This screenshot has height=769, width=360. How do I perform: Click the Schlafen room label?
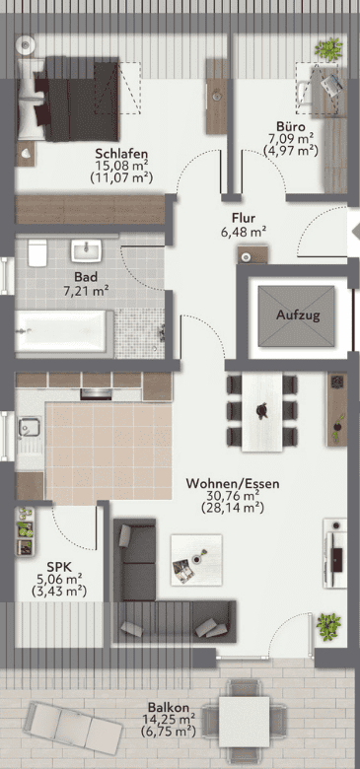(x=121, y=153)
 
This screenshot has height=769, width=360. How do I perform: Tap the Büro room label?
(x=290, y=126)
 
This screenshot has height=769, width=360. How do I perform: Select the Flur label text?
(x=244, y=217)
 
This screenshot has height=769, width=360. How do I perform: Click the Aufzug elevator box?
(x=297, y=315)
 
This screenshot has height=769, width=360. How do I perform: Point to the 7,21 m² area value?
(x=86, y=292)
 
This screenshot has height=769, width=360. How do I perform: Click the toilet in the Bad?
(x=37, y=252)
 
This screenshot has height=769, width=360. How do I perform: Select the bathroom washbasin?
(x=87, y=250)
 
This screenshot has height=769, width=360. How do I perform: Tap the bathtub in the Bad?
(x=61, y=331)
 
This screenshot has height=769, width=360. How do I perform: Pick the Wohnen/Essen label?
(x=233, y=484)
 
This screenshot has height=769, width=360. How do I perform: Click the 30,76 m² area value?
(x=233, y=496)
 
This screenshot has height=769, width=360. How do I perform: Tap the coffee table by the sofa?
(x=196, y=560)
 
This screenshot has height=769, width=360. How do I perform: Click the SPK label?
(x=59, y=568)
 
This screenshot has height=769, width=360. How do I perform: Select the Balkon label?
(x=169, y=708)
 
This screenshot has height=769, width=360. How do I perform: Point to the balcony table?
(x=244, y=722)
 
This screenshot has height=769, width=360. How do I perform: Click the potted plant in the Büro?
(x=328, y=48)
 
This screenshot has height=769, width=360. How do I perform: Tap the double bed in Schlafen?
(x=69, y=99)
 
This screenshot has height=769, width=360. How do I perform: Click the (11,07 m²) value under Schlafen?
(x=121, y=177)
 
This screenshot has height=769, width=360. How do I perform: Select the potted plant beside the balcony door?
(x=328, y=626)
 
